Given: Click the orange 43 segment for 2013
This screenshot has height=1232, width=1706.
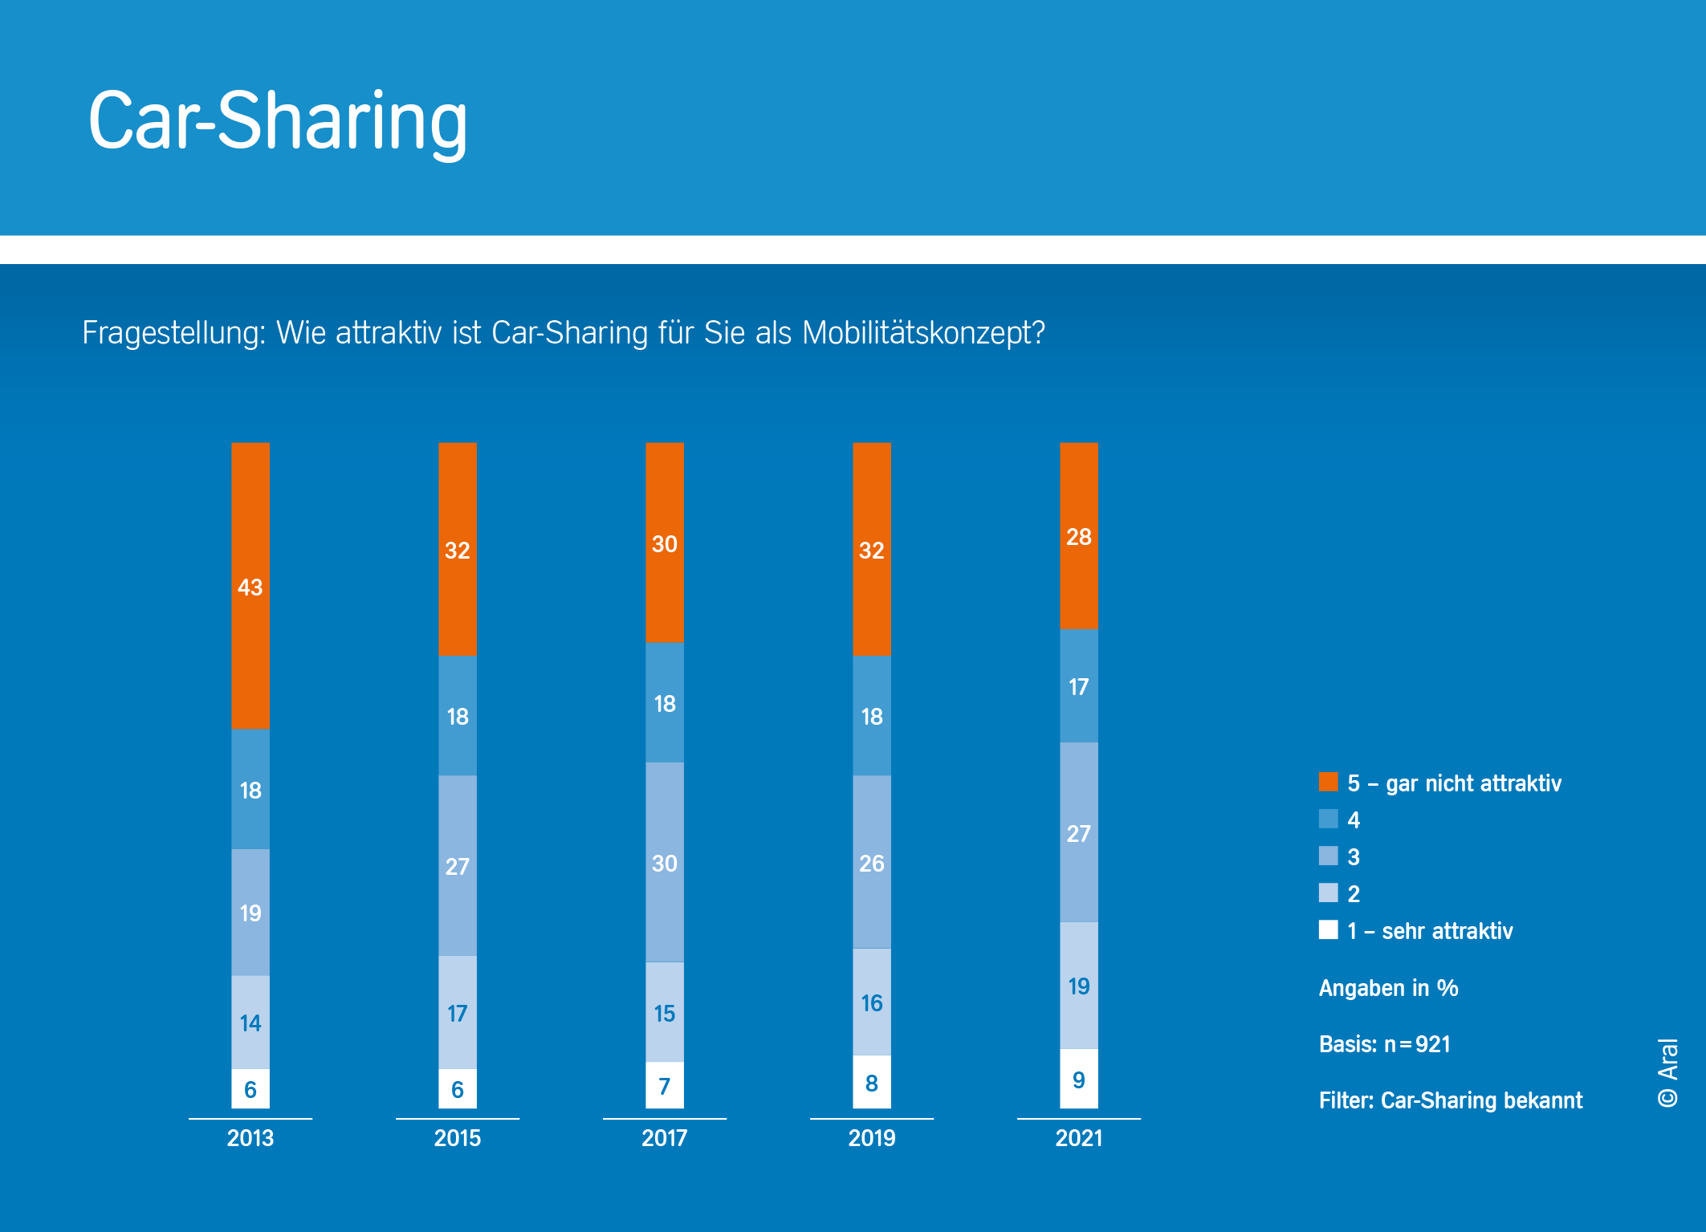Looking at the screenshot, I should pyautogui.click(x=250, y=586).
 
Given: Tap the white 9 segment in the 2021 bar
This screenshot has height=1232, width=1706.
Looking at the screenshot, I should pyautogui.click(x=1078, y=1079).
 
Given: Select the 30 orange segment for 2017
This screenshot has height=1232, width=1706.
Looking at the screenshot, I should pyautogui.click(x=664, y=543).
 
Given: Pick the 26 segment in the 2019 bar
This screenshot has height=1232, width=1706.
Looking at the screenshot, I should pyautogui.click(x=871, y=862).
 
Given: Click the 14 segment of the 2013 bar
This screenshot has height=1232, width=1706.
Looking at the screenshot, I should pyautogui.click(x=250, y=1022).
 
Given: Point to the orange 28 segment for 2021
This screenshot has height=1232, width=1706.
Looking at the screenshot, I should pyautogui.click(x=1078, y=535).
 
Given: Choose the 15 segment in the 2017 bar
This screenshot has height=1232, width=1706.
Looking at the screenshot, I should pyautogui.click(x=664, y=1012).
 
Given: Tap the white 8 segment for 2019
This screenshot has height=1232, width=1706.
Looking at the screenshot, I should pyautogui.click(x=871, y=1082).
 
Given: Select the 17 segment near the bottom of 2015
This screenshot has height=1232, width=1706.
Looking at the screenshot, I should pyautogui.click(x=457, y=1012).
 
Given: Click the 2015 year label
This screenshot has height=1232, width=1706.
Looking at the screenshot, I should pyautogui.click(x=457, y=1137).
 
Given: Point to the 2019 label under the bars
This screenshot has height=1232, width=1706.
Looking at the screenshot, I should pyautogui.click(x=871, y=1137).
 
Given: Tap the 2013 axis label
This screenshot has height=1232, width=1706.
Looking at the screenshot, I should pyautogui.click(x=250, y=1137).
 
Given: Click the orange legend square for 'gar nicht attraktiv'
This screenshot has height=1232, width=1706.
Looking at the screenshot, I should pyautogui.click(x=1328, y=782).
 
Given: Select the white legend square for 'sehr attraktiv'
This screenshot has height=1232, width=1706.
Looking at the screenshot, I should pyautogui.click(x=1328, y=929).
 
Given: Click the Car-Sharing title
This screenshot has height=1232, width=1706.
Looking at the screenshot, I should pyautogui.click(x=277, y=120).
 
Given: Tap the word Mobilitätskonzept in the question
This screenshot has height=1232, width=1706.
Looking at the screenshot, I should pyautogui.click(x=923, y=332).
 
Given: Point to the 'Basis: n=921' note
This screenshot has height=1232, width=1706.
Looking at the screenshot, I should pyautogui.click(x=1384, y=1043).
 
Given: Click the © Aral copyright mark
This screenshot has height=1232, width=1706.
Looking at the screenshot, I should pyautogui.click(x=1667, y=1072).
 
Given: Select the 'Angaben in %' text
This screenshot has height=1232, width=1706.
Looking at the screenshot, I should pyautogui.click(x=1388, y=987).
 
